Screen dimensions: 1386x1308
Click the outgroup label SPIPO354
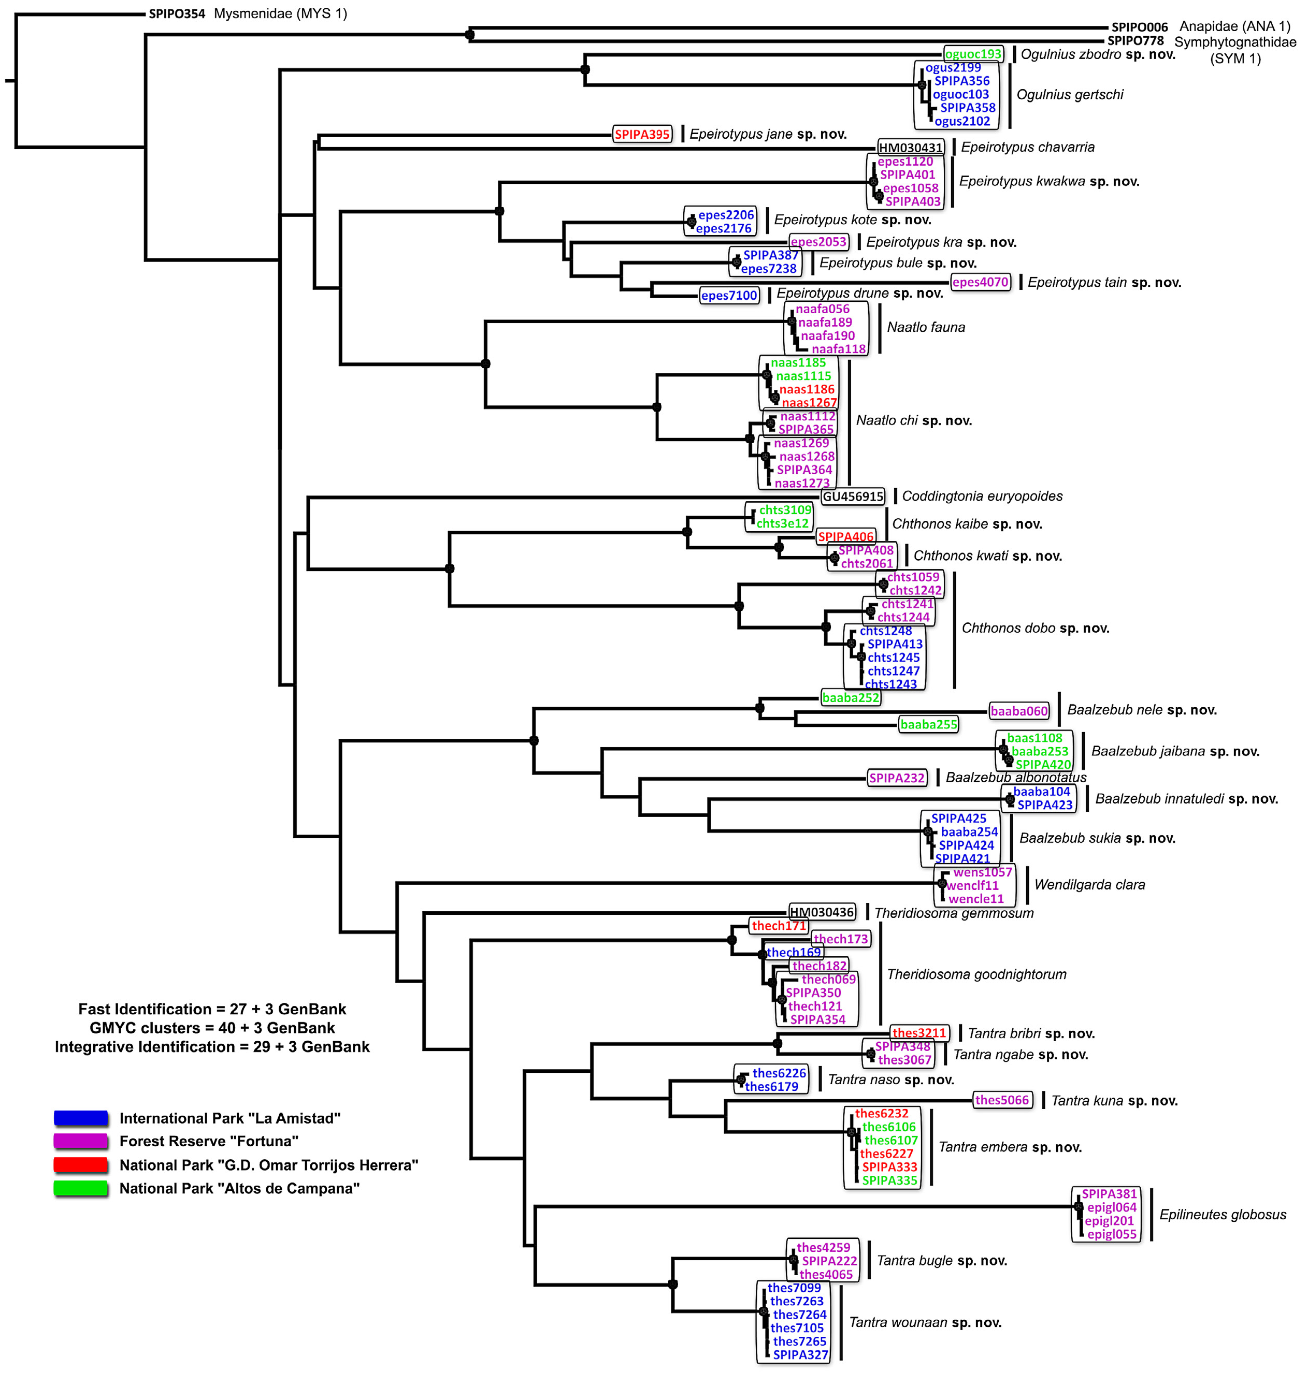pos(177,14)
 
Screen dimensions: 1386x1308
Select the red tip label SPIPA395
pos(642,135)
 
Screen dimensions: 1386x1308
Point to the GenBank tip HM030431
pos(910,148)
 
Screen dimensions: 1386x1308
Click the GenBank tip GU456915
pos(853,497)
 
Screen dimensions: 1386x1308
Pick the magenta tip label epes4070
pos(980,282)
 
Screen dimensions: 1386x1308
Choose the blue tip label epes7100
pos(729,296)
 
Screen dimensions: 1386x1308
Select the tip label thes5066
pos(1002,1100)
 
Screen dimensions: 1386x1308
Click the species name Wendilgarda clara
pos(1089,885)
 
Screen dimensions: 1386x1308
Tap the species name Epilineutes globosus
pos(1222,1215)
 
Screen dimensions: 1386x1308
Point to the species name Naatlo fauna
pos(926,328)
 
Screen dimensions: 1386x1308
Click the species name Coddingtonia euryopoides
pos(982,497)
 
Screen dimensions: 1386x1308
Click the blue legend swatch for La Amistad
pos(81,1118)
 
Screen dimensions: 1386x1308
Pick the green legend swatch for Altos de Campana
pos(81,1188)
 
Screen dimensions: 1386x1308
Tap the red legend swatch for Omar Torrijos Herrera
pos(81,1165)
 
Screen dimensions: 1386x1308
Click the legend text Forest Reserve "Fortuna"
pos(209,1141)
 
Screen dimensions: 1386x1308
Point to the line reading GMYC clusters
pos(212,1028)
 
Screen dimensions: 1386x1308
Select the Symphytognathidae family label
pos(1235,42)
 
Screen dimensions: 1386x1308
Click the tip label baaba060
pos(1019,711)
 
